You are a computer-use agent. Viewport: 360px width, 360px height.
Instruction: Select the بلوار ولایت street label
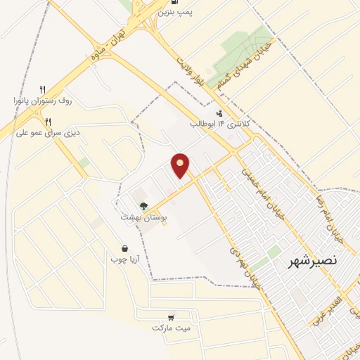[x=193, y=66]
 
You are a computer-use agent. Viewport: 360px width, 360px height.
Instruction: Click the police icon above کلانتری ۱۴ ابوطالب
[x=220, y=112]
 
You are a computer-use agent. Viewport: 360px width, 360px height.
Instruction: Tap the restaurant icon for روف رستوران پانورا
[x=43, y=89]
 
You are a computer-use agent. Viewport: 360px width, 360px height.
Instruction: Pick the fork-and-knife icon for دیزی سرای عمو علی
[x=48, y=121]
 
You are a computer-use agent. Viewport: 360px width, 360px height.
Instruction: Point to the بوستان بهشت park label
[x=145, y=218]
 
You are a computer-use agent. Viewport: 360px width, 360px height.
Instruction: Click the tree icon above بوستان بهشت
[x=143, y=207]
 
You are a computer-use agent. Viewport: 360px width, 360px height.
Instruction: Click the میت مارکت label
[x=171, y=328]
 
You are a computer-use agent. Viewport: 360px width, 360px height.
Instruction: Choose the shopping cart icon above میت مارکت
[x=171, y=316]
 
